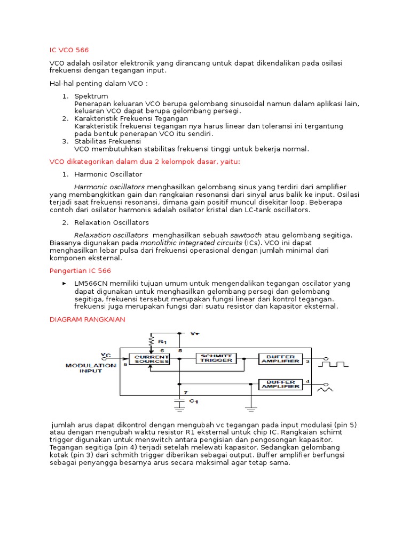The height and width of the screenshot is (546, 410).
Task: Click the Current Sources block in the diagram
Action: (151, 359)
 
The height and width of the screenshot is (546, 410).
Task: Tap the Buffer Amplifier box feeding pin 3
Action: (280, 359)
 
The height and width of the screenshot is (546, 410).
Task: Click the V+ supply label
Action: (195, 333)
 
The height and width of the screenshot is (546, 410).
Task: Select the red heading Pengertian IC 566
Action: (80, 271)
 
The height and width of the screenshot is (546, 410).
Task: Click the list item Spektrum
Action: (91, 96)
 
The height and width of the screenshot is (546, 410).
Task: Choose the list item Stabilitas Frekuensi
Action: (107, 141)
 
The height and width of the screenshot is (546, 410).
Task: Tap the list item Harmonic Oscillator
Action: (108, 174)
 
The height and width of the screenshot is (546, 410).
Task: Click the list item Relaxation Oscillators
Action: (112, 222)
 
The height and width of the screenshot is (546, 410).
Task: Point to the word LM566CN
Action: (91, 284)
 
